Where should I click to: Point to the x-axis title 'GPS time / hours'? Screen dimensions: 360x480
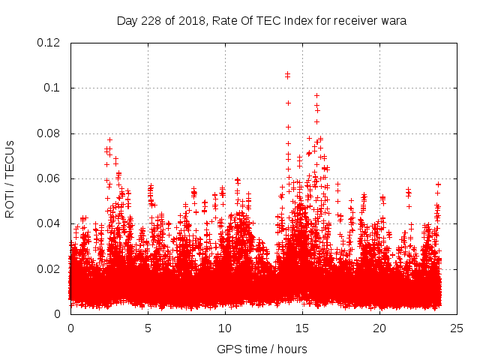[262, 349]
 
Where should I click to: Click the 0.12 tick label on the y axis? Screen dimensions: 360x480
[50, 43]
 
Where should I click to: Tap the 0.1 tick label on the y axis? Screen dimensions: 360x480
[53, 88]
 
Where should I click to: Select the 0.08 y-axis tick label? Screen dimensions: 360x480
[50, 133]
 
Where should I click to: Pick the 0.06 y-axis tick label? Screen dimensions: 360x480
[50, 178]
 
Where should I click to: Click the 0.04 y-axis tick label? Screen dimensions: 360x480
[50, 223]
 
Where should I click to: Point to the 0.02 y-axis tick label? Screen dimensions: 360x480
[50, 268]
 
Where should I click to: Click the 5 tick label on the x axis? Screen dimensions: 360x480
[148, 328]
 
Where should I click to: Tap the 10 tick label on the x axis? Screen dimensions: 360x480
[225, 328]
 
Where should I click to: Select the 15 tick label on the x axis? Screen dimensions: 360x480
[302, 328]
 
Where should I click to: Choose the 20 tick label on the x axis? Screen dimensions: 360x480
[379, 328]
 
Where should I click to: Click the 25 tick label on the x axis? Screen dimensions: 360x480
[457, 328]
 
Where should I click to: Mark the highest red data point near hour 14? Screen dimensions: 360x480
[287, 74]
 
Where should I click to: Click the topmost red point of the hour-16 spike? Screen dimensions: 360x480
[316, 95]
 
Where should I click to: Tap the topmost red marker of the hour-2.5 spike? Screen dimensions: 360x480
[109, 139]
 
